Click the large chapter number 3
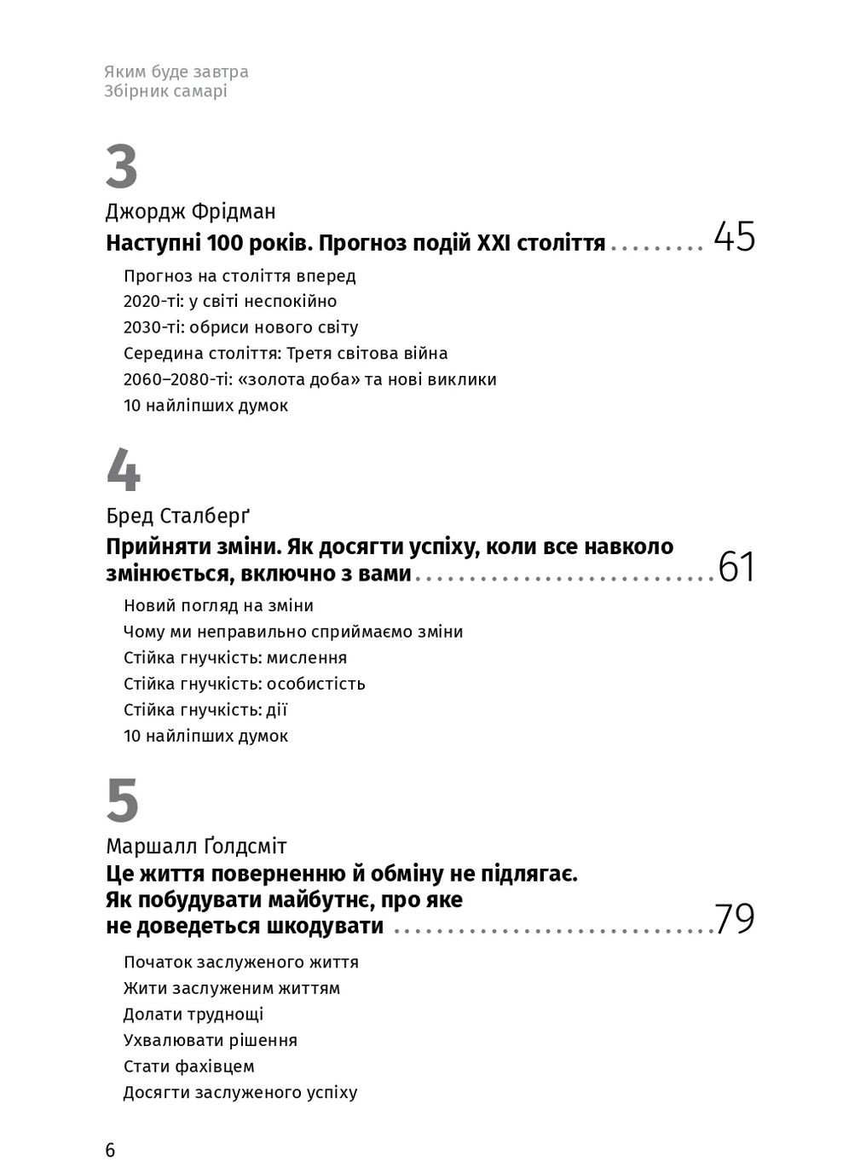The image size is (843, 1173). (122, 168)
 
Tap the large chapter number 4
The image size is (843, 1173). (123, 471)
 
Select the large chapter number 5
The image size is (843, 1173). (123, 801)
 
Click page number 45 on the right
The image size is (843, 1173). (734, 237)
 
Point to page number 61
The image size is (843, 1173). (736, 568)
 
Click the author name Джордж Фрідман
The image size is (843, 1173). (191, 211)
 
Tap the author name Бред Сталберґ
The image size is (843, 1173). (178, 516)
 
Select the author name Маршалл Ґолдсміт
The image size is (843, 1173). (196, 847)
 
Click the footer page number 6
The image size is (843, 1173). (110, 1150)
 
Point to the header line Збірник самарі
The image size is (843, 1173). (165, 91)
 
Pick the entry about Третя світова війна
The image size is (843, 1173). (286, 354)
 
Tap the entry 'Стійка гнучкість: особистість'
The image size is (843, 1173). (245, 684)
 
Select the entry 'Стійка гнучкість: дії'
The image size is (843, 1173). (205, 710)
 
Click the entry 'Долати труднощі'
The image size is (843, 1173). (193, 1014)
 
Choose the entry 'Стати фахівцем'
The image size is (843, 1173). (189, 1066)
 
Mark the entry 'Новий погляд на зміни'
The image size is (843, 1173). (218, 606)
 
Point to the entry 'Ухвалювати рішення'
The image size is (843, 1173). (211, 1041)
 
